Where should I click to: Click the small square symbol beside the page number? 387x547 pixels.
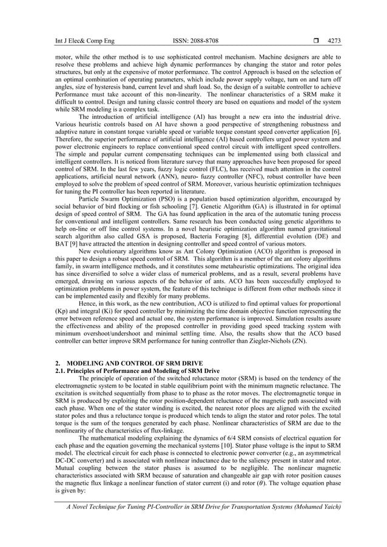(x=313, y=41)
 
